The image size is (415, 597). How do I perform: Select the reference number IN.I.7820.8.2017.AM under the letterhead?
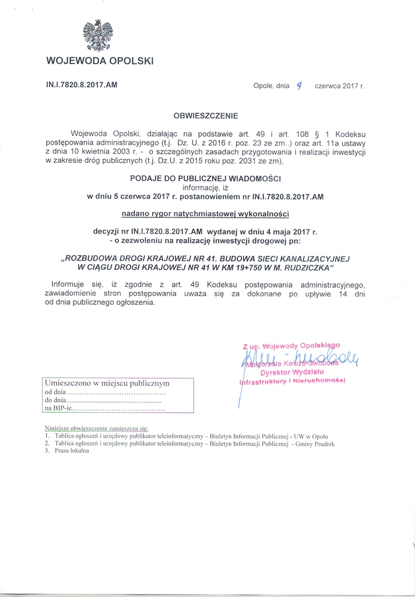82,84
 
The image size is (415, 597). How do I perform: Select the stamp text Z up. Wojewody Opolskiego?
291,345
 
